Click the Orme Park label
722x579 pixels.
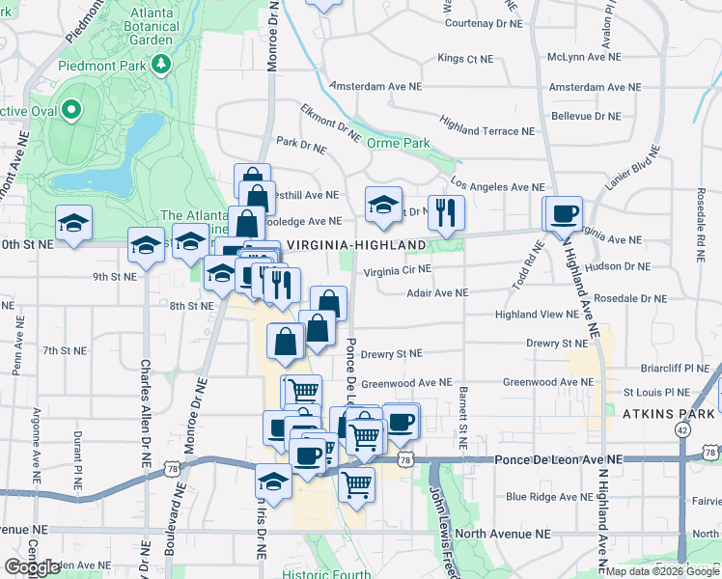(398, 143)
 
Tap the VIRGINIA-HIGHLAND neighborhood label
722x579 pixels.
(356, 245)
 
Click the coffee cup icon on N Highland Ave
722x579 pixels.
(565, 212)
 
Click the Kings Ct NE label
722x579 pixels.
(465, 59)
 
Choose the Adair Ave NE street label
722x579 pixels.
(437, 291)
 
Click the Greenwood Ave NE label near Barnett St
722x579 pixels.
(406, 382)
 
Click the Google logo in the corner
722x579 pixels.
(32, 567)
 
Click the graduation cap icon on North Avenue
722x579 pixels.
(274, 482)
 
